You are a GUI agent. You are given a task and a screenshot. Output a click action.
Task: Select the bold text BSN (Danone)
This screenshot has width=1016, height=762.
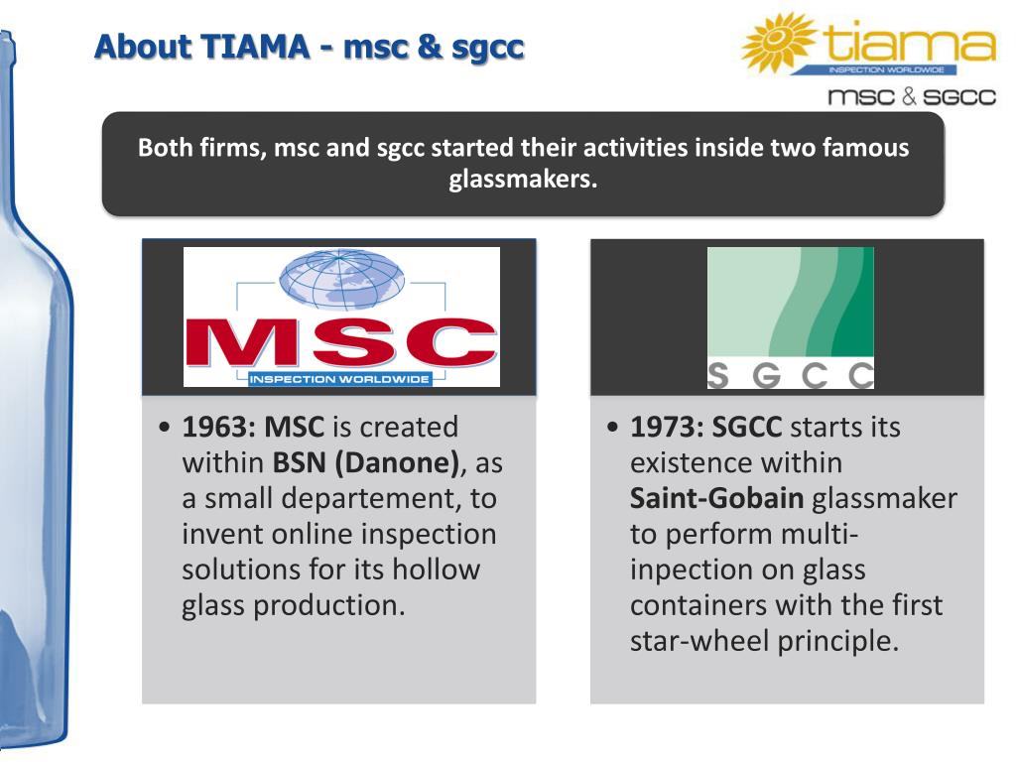(366, 463)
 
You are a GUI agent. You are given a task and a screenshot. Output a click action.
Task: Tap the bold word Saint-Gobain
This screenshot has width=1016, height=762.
(716, 498)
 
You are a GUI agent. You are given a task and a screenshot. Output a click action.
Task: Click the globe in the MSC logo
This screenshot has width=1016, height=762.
(341, 279)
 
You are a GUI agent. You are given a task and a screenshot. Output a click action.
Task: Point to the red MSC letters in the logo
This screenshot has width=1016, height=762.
(341, 341)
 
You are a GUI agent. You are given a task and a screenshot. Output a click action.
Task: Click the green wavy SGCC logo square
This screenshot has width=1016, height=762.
(791, 302)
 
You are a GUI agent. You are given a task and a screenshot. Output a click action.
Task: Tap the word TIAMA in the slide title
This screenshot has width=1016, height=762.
(255, 48)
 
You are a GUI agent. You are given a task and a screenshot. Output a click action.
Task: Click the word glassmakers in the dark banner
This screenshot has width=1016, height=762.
(523, 179)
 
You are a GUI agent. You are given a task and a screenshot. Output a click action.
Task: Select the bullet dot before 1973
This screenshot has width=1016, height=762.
(612, 428)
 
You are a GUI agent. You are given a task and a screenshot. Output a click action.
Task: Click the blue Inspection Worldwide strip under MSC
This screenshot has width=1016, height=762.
(339, 379)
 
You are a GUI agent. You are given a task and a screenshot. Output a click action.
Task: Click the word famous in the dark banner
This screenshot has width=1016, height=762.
(865, 148)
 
